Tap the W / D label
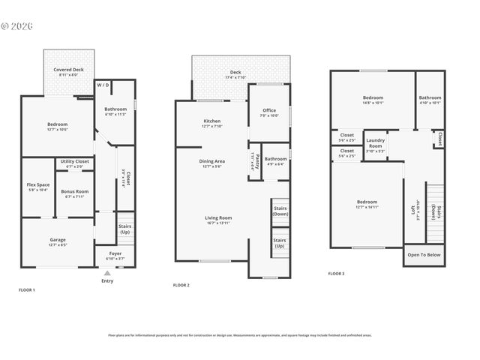tap(104, 85)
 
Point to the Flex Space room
tap(37, 187)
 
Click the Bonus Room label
tap(75, 193)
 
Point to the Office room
tap(268, 112)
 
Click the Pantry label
tap(254, 160)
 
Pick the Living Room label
tap(218, 220)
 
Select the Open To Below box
tap(424, 255)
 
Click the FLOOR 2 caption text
tap(181, 285)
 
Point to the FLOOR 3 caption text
tap(336, 274)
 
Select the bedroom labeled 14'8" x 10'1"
tap(373, 100)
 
